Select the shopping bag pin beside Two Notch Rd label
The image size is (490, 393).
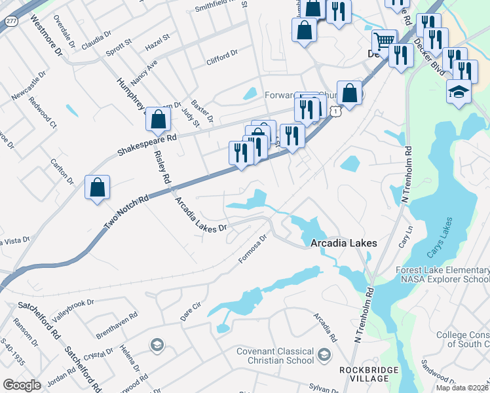tap(98, 188)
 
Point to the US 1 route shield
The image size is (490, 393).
tap(335, 112)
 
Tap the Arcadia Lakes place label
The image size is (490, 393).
tap(344, 243)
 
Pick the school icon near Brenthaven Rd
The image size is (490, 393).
tap(157, 345)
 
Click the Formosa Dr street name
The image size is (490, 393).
tap(253, 249)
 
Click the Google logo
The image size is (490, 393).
tap(22, 384)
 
